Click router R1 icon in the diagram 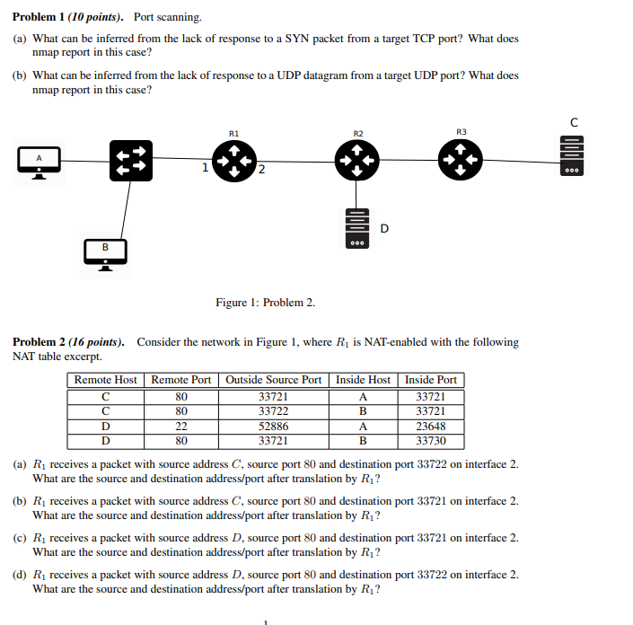coord(233,162)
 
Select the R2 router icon coord(357,162)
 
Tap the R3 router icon coord(461,162)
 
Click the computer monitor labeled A coord(40,162)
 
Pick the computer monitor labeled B coord(105,251)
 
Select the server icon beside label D coord(357,228)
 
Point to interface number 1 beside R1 coord(206,167)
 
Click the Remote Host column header coord(105,380)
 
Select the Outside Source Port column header coord(273,380)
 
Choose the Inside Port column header coord(430,380)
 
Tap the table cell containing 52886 coord(273,427)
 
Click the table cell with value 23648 coord(430,427)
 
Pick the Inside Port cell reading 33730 coord(430,441)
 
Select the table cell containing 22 coord(181,427)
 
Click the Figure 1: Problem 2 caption coord(265,303)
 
